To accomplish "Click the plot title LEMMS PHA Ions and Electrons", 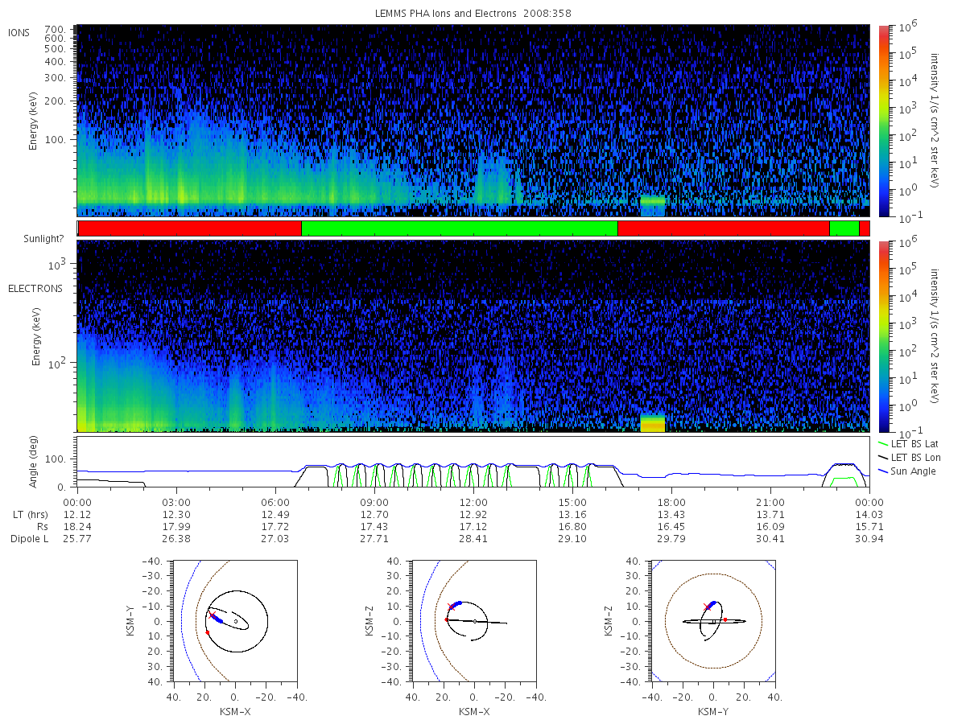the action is click(445, 14).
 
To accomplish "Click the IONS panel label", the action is click(19, 33).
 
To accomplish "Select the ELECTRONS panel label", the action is click(35, 289).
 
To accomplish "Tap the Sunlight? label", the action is click(43, 239).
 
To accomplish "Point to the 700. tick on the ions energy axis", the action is click(55, 30).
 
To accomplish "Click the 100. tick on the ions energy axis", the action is click(55, 140).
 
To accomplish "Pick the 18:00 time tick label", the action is click(671, 503).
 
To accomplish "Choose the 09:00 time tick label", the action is click(374, 503).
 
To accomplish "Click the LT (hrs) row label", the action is click(31, 515).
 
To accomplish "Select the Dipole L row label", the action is click(29, 539).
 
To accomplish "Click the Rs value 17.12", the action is click(473, 527).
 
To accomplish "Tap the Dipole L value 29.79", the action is click(671, 539).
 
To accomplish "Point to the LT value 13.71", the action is click(770, 515).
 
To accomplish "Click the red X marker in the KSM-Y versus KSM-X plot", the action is click(213, 615).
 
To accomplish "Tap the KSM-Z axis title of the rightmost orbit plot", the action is click(609, 621).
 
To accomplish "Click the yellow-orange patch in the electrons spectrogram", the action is click(652, 423).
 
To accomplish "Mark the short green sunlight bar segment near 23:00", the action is click(844, 228).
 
